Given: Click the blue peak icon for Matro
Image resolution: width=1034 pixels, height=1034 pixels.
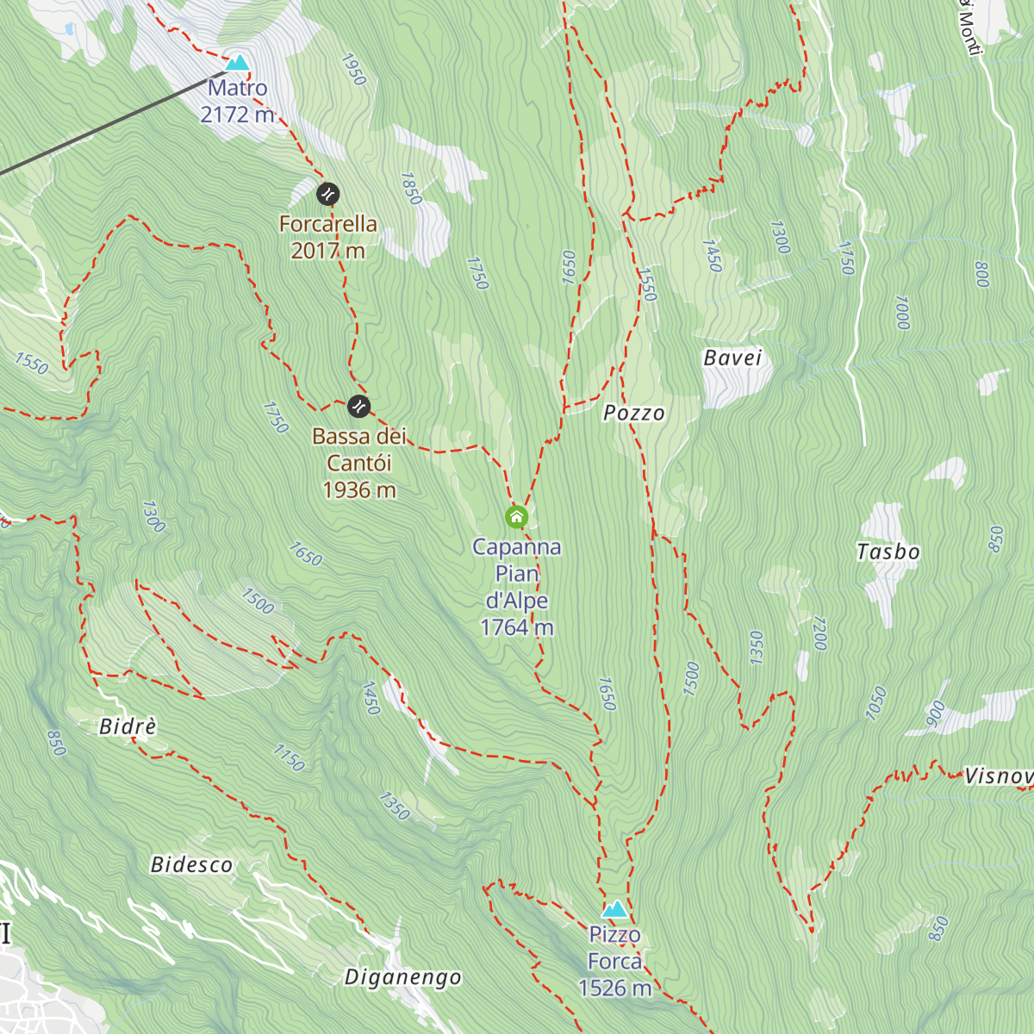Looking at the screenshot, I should pyautogui.click(x=237, y=62).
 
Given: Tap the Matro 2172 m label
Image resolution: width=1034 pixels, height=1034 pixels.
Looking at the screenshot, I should pyautogui.click(x=237, y=101).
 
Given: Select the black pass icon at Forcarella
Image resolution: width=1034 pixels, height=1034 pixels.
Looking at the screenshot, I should pyautogui.click(x=327, y=194).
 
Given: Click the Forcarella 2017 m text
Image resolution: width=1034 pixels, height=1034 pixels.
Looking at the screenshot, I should pyautogui.click(x=328, y=237).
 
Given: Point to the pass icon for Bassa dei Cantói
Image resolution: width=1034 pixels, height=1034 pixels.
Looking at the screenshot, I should pyautogui.click(x=358, y=405).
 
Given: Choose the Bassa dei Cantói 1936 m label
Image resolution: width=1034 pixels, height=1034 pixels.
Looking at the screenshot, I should pyautogui.click(x=359, y=463).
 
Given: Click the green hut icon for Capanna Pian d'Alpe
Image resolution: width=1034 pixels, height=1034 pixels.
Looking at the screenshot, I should pyautogui.click(x=516, y=517).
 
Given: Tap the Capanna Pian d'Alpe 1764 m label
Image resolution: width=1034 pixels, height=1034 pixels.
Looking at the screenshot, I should pyautogui.click(x=517, y=587).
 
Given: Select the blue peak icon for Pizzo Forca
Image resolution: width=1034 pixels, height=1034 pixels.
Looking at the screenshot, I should pyautogui.click(x=614, y=909).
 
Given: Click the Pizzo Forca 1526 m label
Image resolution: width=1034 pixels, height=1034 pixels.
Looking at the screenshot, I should pyautogui.click(x=615, y=961).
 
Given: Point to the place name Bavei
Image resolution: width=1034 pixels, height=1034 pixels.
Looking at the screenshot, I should pyautogui.click(x=733, y=358).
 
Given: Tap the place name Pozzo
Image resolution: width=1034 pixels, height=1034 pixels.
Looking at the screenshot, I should pyautogui.click(x=634, y=414).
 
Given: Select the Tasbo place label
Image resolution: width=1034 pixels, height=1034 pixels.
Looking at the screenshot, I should pyautogui.click(x=888, y=551).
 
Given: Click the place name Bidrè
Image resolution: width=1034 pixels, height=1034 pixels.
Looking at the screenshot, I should pyautogui.click(x=128, y=727).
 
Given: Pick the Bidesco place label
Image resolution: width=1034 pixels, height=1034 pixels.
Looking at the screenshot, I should pyautogui.click(x=191, y=865).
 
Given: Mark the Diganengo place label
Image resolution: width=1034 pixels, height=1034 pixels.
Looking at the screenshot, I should pyautogui.click(x=403, y=977).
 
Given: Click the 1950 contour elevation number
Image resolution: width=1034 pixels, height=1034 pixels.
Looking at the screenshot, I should pyautogui.click(x=353, y=70).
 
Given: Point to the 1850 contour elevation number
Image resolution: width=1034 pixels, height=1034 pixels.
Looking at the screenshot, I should pyautogui.click(x=410, y=189).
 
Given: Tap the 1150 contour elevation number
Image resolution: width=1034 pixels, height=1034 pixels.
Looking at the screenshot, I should pyautogui.click(x=289, y=757).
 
